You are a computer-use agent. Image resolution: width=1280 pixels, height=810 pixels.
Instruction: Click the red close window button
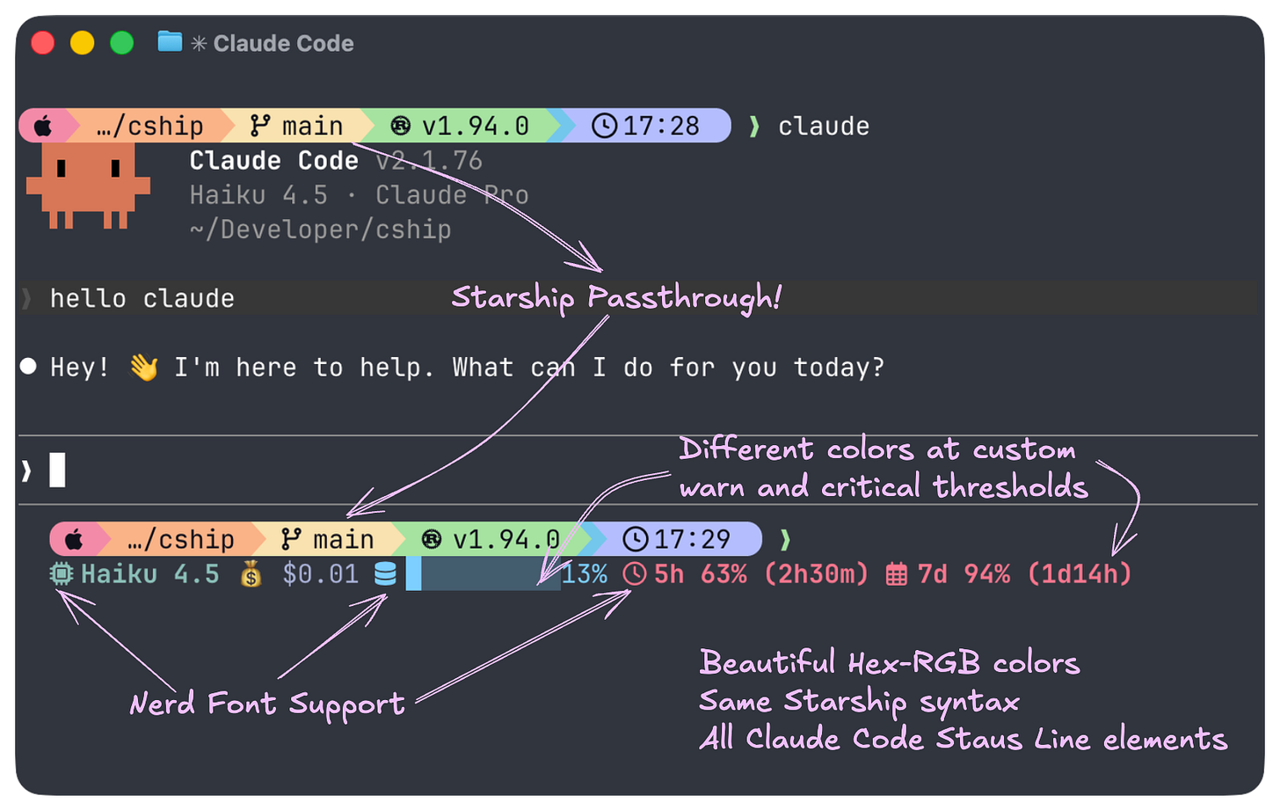42,42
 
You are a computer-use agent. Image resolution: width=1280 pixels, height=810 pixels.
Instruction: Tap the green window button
121,42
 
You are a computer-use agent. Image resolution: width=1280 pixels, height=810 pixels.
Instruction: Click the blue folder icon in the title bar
170,41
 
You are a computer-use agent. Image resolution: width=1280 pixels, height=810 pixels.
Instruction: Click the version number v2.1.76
429,161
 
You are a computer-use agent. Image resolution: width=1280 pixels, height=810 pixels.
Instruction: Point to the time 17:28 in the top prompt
660,126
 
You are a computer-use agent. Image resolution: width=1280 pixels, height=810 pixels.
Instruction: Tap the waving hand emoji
143,368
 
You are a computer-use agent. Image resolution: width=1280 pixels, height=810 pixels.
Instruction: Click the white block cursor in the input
57,470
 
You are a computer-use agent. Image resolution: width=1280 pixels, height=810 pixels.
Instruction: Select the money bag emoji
251,575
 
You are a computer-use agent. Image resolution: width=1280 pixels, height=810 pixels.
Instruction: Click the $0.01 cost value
320,575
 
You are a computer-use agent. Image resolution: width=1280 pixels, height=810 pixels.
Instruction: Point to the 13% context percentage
585,575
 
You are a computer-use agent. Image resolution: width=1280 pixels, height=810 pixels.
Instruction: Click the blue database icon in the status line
385,575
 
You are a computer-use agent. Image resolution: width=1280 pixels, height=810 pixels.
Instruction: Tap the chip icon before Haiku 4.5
61,575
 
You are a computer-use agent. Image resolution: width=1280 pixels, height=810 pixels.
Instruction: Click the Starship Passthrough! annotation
616,298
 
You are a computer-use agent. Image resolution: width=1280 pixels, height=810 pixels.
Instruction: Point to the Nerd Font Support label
267,704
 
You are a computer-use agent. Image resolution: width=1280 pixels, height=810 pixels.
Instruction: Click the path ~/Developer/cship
320,230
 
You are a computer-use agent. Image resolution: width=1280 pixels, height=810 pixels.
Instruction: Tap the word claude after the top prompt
824,127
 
